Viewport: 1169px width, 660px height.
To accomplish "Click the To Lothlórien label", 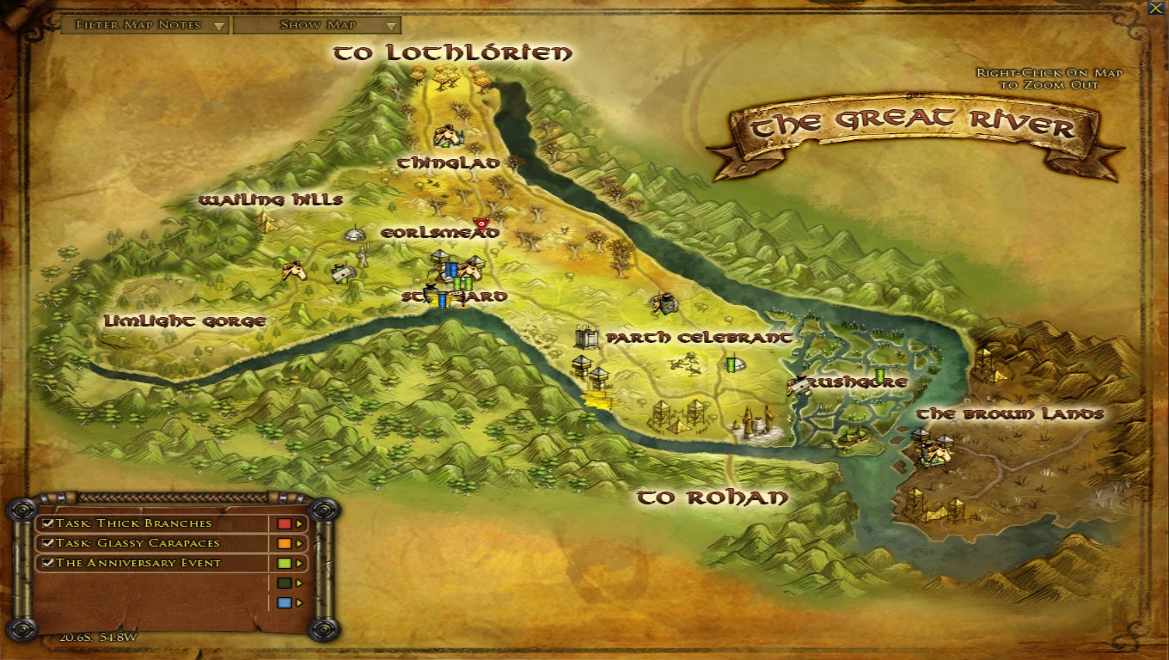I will coord(452,53).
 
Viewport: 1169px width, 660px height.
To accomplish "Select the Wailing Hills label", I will coord(270,200).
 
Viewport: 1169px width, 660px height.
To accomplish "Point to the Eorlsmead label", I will coord(439,233).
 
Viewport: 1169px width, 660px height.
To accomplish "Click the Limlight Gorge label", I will coord(184,321).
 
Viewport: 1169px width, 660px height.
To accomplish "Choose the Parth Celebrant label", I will coord(699,338).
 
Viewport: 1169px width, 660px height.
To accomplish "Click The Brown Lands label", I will coord(1009,414).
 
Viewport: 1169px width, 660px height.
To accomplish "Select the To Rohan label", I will coord(712,498).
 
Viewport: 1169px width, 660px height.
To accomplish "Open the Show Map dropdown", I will coord(317,25).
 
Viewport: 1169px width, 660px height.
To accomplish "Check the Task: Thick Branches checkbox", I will coord(49,523).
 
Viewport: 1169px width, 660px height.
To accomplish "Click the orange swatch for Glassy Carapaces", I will coord(284,543).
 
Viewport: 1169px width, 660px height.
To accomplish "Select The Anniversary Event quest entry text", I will coord(138,563).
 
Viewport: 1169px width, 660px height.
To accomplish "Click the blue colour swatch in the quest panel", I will coord(284,603).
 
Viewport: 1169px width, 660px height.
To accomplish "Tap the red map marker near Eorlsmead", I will coord(480,223).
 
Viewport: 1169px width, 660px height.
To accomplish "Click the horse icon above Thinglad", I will coord(446,135).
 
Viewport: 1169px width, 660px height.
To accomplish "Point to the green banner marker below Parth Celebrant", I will coord(732,364).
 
